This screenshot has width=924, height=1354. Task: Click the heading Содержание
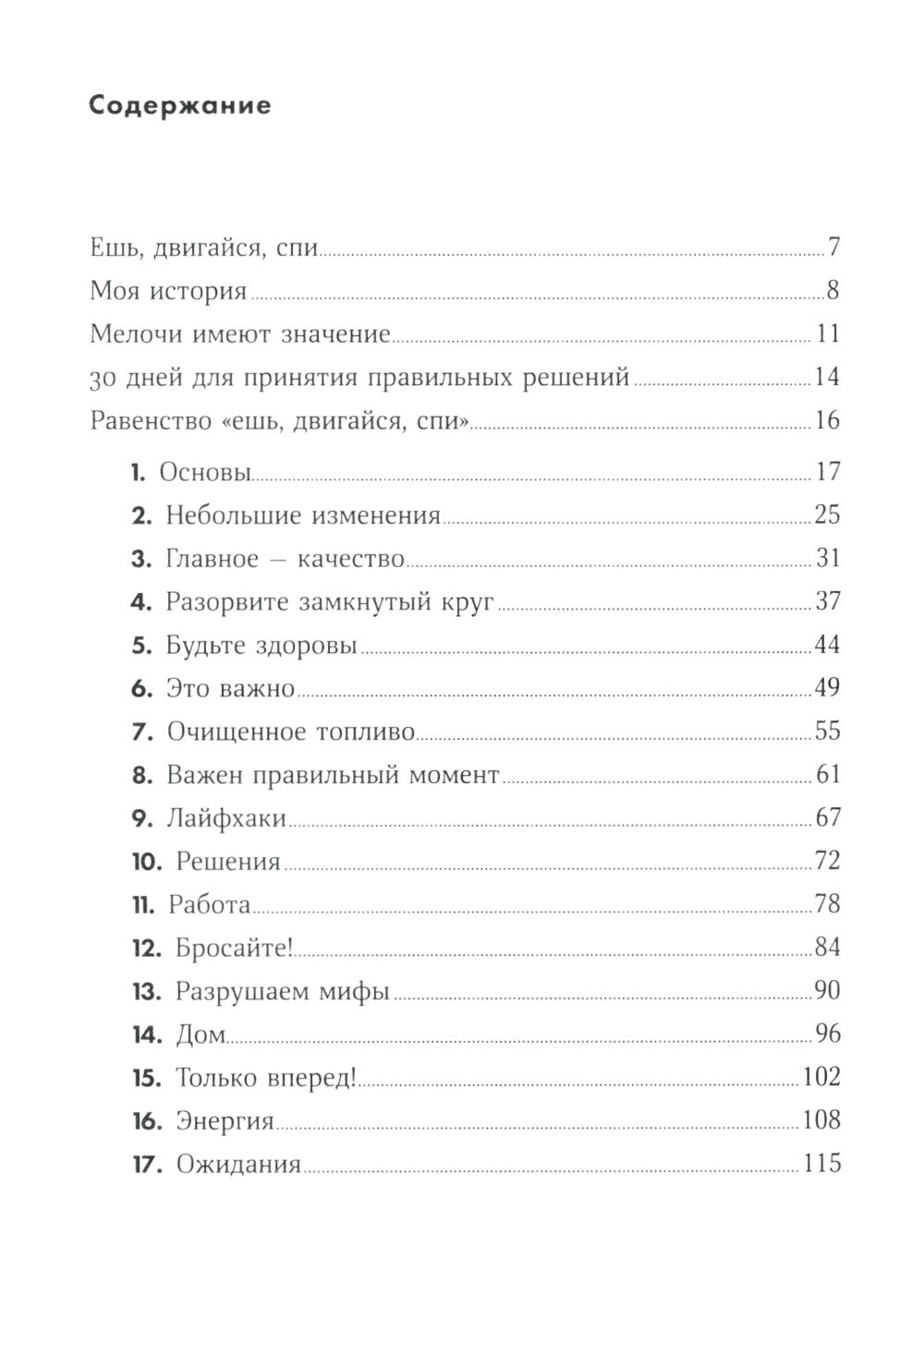(180, 105)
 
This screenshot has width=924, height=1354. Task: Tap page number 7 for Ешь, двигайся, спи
(833, 248)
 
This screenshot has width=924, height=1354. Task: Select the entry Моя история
(168, 292)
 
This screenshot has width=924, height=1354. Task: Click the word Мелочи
(137, 333)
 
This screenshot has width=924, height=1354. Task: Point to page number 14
(827, 377)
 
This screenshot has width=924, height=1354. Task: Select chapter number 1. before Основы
(138, 473)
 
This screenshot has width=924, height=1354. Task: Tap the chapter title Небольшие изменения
(303, 515)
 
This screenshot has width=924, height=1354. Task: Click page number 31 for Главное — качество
(828, 558)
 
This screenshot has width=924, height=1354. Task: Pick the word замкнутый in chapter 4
(383, 602)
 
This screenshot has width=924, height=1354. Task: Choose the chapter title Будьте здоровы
(261, 646)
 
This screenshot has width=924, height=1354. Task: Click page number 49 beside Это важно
(827, 688)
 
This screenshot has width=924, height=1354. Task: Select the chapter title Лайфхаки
(226, 818)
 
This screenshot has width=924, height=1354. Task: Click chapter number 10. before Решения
(148, 862)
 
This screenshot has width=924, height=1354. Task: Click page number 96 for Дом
(827, 1034)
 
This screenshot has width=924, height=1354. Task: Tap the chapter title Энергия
(225, 1121)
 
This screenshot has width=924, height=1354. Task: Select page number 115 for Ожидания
(822, 1163)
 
